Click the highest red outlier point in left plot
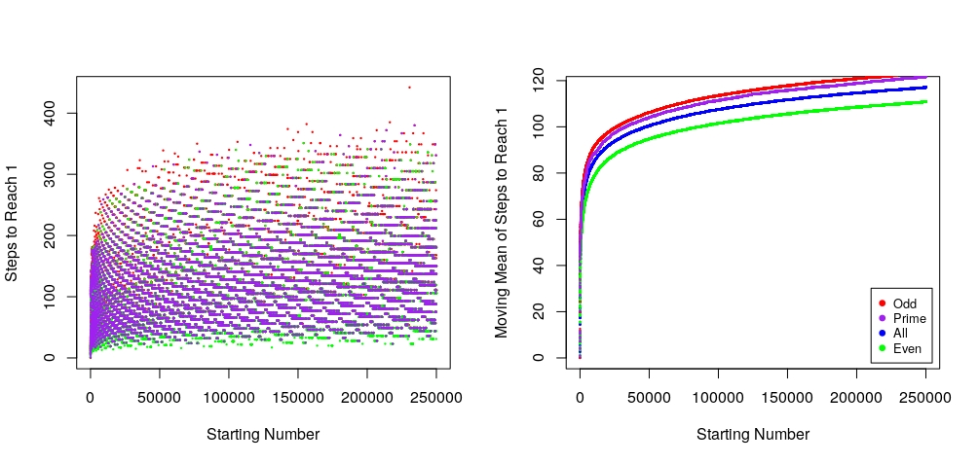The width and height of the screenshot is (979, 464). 409,88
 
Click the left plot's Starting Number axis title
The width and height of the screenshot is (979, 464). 263,434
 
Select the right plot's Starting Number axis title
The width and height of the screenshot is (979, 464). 753,434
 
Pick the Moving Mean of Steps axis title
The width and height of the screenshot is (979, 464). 502,219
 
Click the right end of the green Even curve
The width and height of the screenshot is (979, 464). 925,101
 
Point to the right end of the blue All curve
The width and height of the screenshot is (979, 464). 925,88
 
